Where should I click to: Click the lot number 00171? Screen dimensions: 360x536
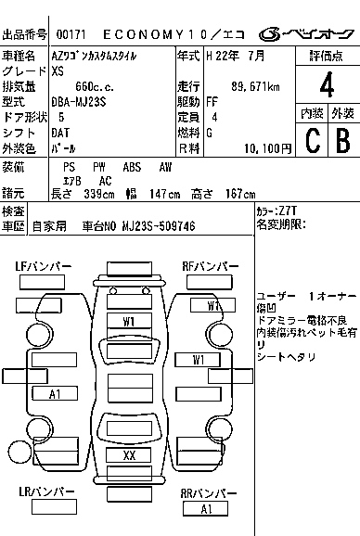(x=71, y=34)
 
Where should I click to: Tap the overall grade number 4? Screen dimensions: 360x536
(x=327, y=84)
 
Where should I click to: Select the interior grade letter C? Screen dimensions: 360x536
(x=313, y=141)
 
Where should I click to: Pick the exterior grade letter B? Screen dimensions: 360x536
(x=343, y=141)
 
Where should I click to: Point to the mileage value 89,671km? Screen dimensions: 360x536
(x=255, y=86)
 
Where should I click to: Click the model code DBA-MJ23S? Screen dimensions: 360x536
(x=79, y=102)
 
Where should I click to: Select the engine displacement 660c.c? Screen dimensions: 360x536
(x=95, y=86)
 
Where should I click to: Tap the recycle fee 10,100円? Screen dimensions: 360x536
(x=268, y=148)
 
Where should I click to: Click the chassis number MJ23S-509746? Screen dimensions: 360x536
(x=159, y=226)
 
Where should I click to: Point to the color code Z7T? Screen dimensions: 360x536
(x=288, y=211)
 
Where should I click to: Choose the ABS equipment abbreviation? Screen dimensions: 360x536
(x=132, y=167)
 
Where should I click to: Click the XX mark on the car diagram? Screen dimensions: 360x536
(x=129, y=455)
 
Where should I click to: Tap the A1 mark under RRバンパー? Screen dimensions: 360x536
(x=206, y=509)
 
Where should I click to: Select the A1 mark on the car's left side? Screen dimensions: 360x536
(x=55, y=394)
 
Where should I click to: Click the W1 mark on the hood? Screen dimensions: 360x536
(x=129, y=322)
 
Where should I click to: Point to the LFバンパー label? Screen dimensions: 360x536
(x=43, y=266)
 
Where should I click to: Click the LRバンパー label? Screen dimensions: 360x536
(x=46, y=491)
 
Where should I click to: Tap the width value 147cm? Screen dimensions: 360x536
(x=165, y=194)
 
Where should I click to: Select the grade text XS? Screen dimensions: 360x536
(x=58, y=71)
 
